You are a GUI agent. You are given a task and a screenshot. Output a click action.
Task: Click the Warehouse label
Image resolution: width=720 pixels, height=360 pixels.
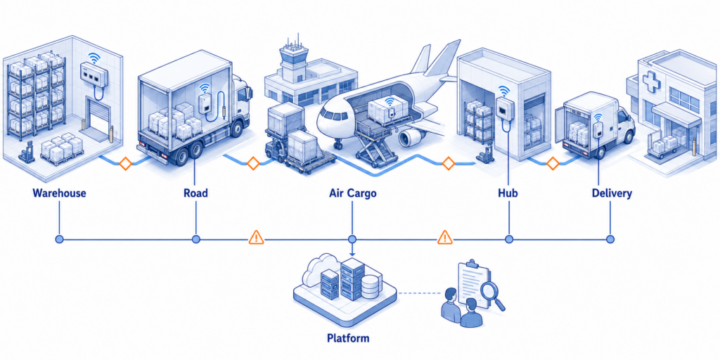tap(59, 193)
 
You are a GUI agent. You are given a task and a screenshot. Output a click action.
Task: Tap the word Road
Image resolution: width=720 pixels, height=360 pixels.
tap(195, 193)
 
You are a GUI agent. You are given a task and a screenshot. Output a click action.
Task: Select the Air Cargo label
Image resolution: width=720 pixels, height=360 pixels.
tap(353, 193)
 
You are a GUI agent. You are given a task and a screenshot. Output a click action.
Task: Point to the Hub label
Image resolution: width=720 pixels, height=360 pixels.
tap(508, 193)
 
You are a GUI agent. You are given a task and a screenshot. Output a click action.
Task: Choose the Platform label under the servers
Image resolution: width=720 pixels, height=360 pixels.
tap(347, 339)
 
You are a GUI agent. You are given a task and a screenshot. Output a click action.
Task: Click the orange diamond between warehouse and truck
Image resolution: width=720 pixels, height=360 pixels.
tap(125, 164)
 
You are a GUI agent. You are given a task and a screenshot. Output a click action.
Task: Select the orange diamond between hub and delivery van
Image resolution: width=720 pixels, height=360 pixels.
tap(553, 163)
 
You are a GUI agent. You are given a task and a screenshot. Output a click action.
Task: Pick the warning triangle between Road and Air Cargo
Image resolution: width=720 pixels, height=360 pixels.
tap(256, 238)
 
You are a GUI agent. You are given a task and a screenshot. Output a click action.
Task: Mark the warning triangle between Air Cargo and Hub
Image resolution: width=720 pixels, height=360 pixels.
tap(444, 238)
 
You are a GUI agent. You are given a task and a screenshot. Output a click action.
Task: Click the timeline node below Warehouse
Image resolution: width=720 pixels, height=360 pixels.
tap(59, 239)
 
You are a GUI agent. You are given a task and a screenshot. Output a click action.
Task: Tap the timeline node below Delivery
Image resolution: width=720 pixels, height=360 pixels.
tap(610, 239)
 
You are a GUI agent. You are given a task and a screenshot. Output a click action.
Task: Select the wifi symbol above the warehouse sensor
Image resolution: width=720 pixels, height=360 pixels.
tap(94, 58)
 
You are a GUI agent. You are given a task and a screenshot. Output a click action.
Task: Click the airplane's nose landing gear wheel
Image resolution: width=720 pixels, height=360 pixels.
tap(338, 146)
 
